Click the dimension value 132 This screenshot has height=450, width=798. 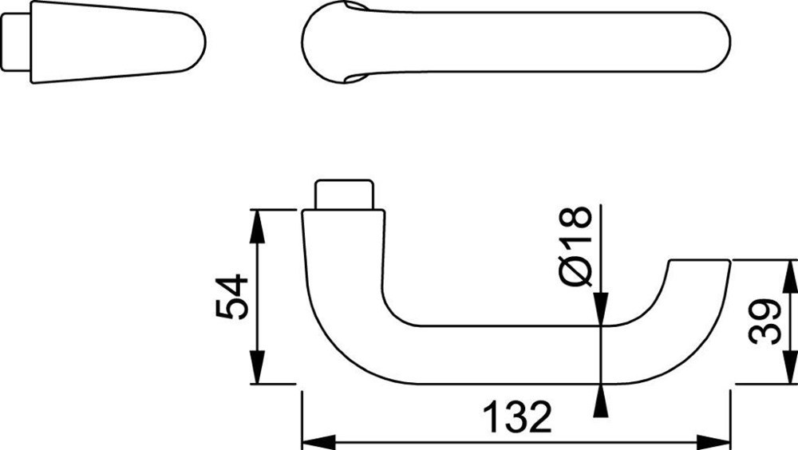click(517, 417)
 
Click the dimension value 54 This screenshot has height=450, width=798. click(232, 297)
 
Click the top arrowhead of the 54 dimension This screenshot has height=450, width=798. click(257, 225)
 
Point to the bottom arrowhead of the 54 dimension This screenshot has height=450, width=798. click(257, 369)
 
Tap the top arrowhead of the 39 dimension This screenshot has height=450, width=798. click(790, 274)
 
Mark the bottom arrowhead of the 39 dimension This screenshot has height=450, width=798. click(790, 369)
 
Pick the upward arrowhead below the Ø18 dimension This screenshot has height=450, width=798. click(601, 400)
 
